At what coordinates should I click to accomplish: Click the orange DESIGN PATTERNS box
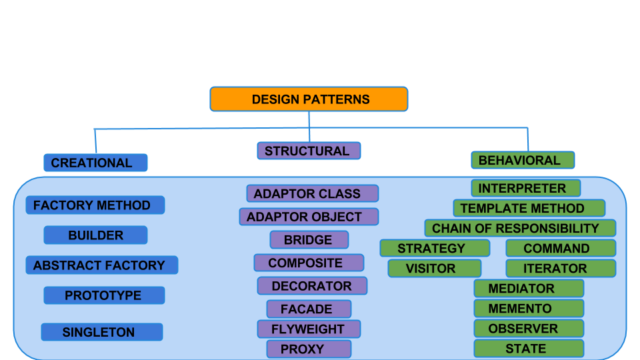309,99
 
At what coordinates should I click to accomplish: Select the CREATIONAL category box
95,163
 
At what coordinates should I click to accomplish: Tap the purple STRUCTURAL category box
309,151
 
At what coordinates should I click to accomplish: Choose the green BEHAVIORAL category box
523,160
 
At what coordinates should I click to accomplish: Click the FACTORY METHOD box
95,205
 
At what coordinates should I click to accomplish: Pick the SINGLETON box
102,332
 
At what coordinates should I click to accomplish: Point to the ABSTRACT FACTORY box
102,265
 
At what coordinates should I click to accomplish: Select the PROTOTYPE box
104,295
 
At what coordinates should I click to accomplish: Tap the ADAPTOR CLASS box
313,193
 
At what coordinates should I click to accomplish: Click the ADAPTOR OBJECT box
309,216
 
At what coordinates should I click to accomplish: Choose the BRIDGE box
309,239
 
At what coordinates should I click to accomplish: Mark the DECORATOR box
312,286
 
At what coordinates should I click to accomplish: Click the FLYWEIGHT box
309,329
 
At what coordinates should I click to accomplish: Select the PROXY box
309,349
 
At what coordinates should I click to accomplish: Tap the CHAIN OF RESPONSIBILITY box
520,228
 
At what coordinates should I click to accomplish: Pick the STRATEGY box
435,248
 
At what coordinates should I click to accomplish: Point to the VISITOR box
435,268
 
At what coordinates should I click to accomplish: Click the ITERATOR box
561,268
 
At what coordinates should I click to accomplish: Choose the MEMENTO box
529,308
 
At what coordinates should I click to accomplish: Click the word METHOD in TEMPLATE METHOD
559,208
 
